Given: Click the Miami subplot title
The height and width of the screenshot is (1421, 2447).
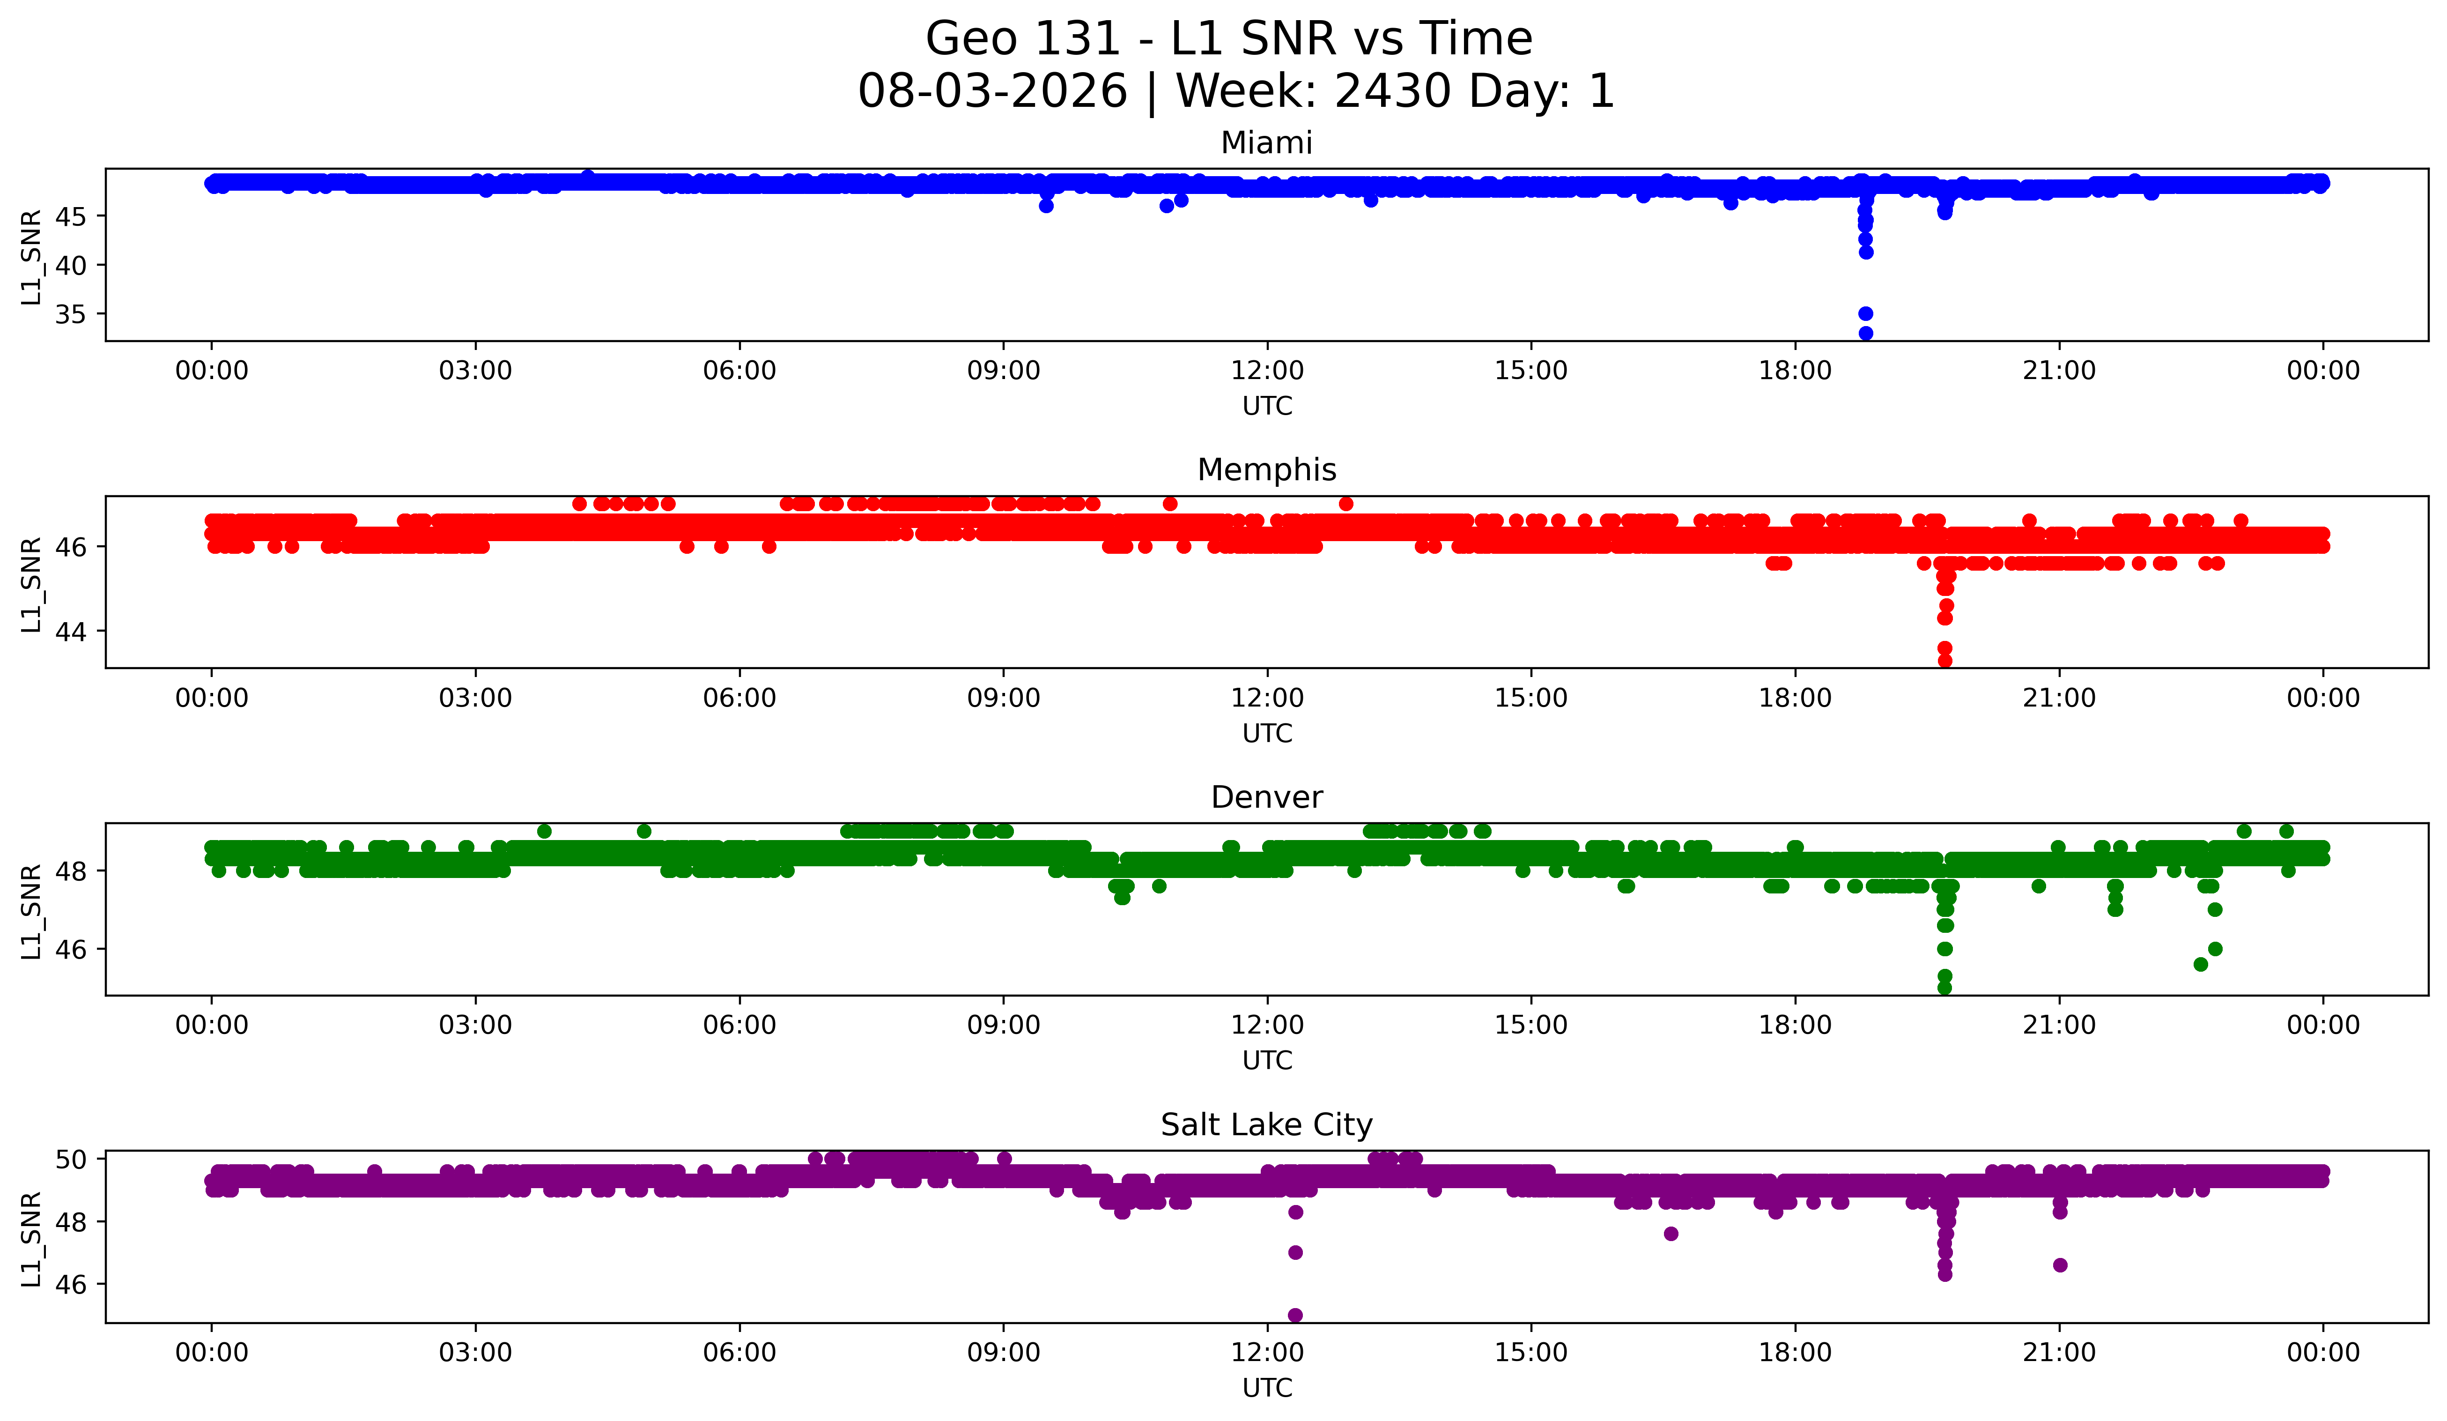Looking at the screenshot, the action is (x=1266, y=143).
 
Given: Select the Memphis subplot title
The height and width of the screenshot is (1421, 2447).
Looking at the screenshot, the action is (x=1266, y=470).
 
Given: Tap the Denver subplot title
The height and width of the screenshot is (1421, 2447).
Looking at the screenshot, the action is (x=1266, y=797).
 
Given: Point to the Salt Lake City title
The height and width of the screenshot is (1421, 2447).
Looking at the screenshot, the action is (x=1266, y=1125).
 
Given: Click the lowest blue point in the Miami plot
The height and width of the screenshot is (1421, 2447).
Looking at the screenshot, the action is (x=1865, y=333).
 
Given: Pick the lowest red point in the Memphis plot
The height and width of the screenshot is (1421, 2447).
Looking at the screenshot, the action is (x=1945, y=662).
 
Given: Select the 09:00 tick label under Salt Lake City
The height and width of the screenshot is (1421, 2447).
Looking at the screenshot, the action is (x=1003, y=1352).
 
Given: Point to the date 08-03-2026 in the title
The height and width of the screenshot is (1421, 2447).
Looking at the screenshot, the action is (x=992, y=91).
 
